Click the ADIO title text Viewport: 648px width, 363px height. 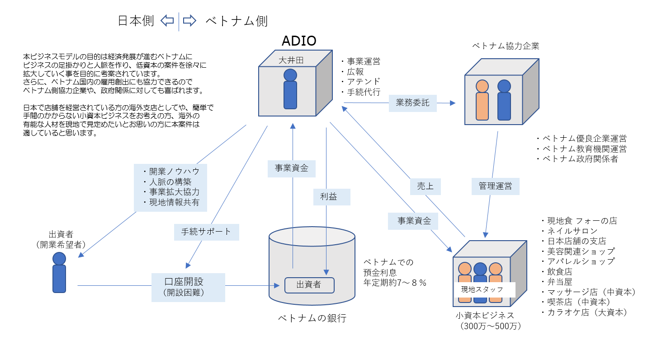click(x=299, y=41)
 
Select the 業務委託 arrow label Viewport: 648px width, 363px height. click(x=412, y=103)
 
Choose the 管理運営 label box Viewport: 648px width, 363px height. click(x=495, y=186)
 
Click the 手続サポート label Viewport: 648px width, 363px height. click(x=206, y=232)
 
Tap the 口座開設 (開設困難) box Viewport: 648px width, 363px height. click(x=188, y=286)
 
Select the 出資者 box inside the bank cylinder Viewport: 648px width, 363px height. click(x=309, y=285)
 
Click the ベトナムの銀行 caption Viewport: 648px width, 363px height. click(x=312, y=318)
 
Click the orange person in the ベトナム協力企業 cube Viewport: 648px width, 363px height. click(x=482, y=100)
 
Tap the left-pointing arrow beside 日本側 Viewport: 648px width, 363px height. click(x=167, y=21)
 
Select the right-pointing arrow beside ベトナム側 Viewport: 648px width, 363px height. click(x=189, y=21)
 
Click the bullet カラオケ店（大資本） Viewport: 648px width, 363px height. click(x=583, y=312)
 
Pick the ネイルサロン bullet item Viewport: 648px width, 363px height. click(x=570, y=231)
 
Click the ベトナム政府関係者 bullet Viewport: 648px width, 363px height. click(x=577, y=159)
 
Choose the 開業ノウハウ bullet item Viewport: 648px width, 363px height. click(x=170, y=172)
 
